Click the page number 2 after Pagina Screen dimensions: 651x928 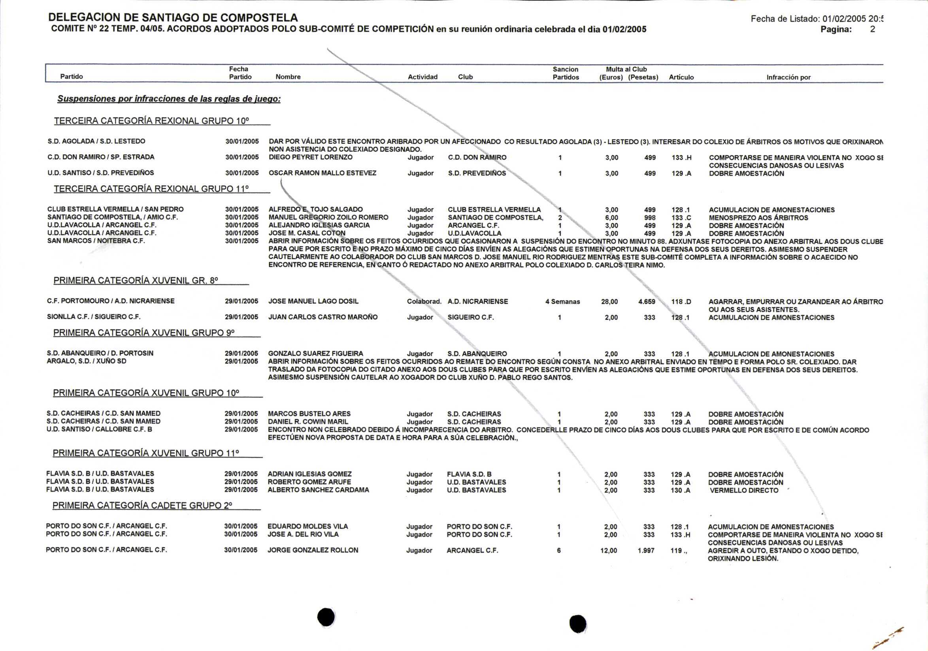point(872,30)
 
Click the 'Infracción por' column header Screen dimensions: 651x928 point(788,77)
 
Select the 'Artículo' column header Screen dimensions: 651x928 point(681,77)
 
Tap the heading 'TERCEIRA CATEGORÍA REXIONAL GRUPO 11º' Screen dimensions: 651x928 point(151,188)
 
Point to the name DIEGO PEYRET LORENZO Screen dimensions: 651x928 point(310,157)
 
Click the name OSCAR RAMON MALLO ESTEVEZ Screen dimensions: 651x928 point(322,173)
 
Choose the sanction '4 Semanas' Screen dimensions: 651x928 point(562,302)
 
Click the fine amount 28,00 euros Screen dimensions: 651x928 point(609,302)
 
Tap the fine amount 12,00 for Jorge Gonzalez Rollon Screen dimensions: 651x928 point(608,550)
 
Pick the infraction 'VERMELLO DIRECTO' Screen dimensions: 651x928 point(744,490)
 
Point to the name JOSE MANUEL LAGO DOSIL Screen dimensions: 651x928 point(313,301)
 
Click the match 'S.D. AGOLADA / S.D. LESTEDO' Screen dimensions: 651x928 point(96,141)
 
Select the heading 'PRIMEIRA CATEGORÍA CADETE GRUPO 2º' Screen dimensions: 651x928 point(142,505)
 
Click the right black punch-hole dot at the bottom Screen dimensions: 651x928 point(577,623)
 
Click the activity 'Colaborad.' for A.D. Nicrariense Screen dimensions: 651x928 point(424,301)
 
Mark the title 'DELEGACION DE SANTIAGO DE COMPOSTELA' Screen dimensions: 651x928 point(173,17)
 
